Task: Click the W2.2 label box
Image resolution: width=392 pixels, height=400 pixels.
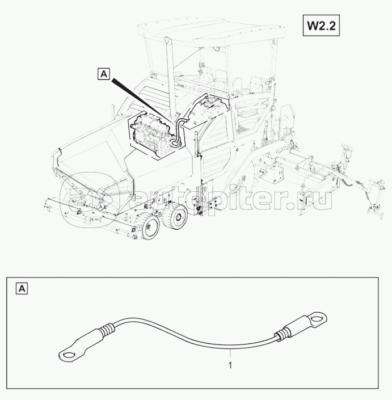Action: coord(321,26)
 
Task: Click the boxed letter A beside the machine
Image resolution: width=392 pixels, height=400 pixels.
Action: coord(104,74)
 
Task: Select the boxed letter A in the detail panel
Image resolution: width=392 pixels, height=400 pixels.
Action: coord(22,289)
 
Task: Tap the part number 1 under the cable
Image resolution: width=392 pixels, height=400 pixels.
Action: coord(230,365)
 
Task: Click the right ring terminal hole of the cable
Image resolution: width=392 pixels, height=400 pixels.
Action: coord(317,318)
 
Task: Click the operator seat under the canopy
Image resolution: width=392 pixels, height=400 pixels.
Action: coord(219,77)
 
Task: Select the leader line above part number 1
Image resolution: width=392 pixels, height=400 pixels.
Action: coord(230,354)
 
